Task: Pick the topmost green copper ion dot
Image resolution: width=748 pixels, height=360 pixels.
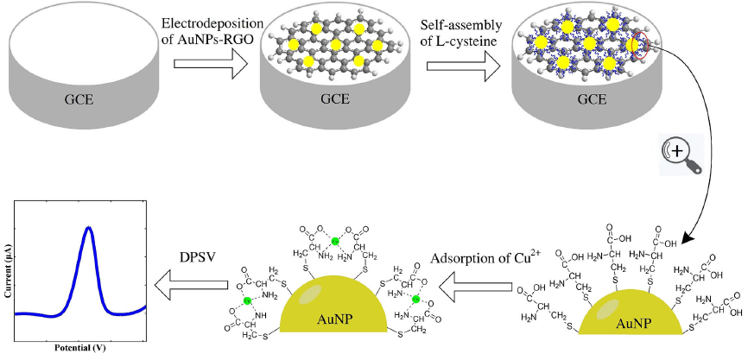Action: pos(333,241)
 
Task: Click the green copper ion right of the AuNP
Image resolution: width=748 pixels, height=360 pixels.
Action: pos(415,299)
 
